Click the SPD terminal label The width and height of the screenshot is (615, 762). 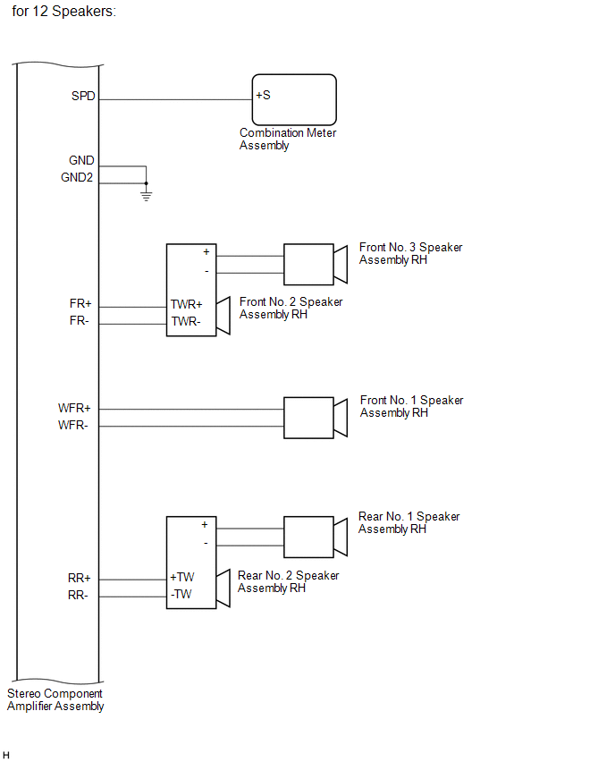coord(83,95)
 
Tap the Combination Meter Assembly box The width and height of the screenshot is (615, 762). coord(294,99)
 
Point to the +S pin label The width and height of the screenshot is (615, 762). coord(263,95)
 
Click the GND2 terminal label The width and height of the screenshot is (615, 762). coord(77,178)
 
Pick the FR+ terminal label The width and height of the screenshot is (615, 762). coord(80,304)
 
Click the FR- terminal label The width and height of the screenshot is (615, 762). coord(79,320)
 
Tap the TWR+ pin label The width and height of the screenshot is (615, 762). coord(187,304)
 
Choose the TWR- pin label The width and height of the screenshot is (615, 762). coord(186,320)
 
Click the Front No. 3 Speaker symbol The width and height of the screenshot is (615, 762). coord(315,265)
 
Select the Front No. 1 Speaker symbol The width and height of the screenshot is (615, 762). coord(315,417)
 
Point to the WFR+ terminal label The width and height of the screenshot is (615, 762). coord(75,408)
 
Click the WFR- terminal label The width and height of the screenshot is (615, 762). coord(73,425)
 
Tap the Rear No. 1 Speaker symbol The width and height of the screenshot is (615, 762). coord(315,537)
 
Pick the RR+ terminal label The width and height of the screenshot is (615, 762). coord(80,578)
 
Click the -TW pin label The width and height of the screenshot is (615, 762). coord(182,594)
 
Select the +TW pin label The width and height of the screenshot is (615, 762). coord(182,578)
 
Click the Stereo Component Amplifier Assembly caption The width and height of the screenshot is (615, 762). coord(55,699)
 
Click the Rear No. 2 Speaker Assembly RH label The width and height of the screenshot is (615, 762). coord(288,581)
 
